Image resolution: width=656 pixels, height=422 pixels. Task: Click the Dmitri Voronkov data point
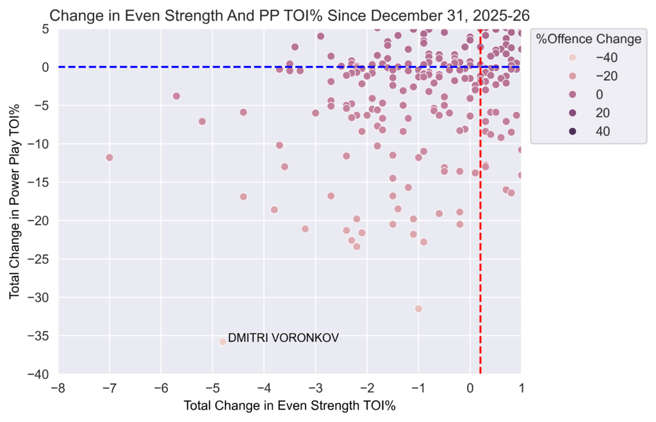click(x=223, y=341)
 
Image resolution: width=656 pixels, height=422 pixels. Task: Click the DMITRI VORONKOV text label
click(x=283, y=337)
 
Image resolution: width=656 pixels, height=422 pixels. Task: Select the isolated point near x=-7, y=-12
click(x=110, y=157)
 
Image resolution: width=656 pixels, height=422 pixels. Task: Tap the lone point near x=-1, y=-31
click(x=418, y=309)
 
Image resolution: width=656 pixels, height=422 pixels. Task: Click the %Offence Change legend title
click(x=589, y=39)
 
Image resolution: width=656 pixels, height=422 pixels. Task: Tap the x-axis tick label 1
click(x=521, y=389)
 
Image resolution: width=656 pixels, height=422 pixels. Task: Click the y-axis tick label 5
click(x=45, y=28)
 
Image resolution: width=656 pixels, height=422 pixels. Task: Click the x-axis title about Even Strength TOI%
click(x=289, y=406)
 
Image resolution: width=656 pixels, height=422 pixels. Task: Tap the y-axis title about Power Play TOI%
click(x=15, y=201)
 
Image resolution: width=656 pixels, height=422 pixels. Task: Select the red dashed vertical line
click(x=480, y=256)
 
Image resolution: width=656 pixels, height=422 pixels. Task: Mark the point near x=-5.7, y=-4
click(x=176, y=96)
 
